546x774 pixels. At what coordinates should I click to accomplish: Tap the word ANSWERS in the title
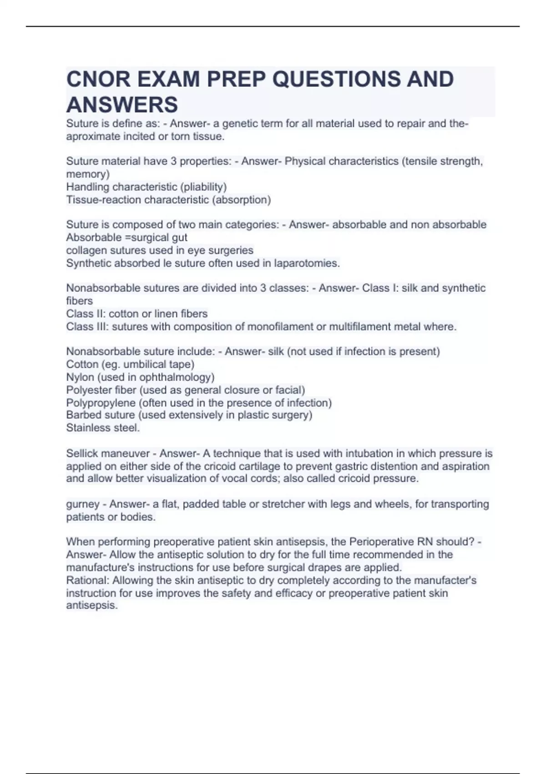click(x=122, y=105)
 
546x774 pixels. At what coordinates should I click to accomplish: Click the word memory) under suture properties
click(x=88, y=174)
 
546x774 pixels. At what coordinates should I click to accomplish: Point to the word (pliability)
click(x=203, y=187)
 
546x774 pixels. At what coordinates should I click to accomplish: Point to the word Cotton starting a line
click(x=82, y=364)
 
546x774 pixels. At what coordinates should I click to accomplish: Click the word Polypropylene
click(x=101, y=402)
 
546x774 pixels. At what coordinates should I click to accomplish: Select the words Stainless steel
click(x=103, y=428)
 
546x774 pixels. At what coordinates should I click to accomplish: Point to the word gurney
click(x=83, y=504)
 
